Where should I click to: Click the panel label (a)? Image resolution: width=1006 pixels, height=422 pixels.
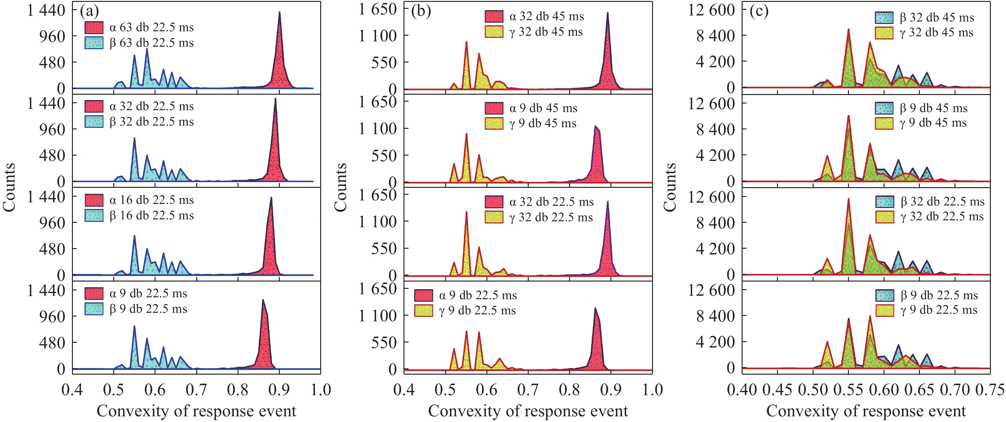89,11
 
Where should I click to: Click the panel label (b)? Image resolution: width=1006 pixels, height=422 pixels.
421,11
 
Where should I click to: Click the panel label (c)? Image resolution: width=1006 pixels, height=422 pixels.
759,11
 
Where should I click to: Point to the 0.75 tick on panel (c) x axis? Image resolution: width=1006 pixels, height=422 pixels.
990,389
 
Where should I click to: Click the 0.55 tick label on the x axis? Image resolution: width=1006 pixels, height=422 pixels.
848,389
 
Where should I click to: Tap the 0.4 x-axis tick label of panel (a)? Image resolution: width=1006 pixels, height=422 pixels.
72,389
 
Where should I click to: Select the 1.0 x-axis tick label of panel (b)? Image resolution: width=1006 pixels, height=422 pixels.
652,389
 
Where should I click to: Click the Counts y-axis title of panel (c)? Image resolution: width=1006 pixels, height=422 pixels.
670,187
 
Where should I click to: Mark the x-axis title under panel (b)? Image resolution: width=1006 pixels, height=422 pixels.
528,411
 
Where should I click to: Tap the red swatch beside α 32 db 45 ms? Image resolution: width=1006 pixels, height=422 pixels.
494,16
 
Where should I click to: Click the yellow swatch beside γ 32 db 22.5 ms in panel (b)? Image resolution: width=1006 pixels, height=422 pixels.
494,217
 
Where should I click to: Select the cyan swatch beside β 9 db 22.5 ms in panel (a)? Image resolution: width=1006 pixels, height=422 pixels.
94,309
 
